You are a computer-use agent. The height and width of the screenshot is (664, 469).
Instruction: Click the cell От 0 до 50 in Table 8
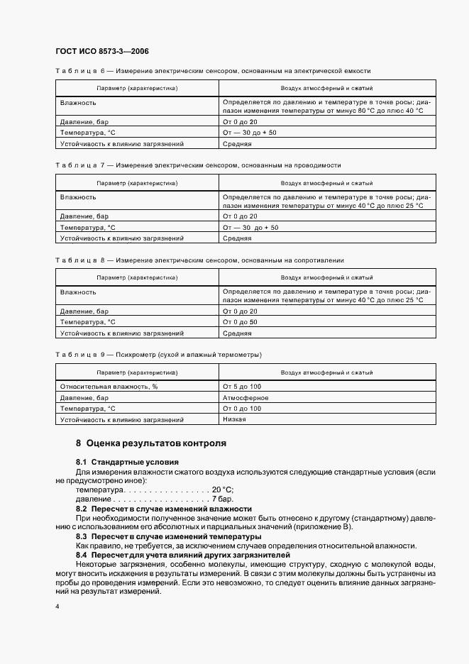click(x=240, y=322)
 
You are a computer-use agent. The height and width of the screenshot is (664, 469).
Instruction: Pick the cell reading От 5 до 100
click(x=242, y=386)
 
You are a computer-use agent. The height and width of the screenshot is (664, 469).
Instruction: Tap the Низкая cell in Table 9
click(x=234, y=419)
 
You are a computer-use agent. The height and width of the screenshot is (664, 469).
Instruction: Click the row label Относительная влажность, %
click(x=109, y=386)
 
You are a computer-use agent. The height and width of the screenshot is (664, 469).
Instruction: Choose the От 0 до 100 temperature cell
click(x=242, y=409)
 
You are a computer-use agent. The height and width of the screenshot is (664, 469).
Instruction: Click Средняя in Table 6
click(x=237, y=143)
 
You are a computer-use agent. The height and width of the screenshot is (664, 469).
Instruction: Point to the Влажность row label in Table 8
click(x=78, y=292)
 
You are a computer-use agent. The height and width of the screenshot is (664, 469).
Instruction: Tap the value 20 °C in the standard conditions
click(x=222, y=490)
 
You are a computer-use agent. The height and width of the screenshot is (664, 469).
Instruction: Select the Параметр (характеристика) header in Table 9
click(x=138, y=372)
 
